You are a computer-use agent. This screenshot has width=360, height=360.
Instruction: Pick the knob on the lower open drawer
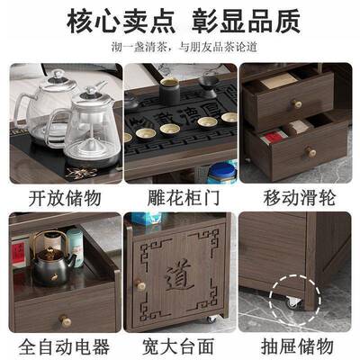click(x=311, y=153)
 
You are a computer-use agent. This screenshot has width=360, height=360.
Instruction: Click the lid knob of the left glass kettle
click(x=56, y=76)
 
